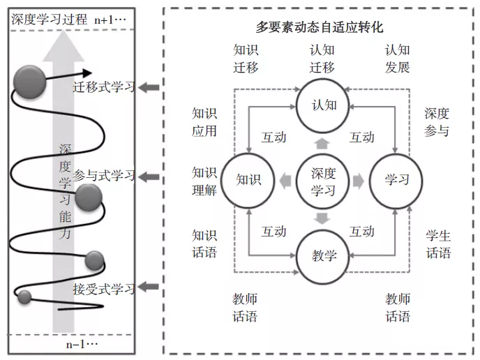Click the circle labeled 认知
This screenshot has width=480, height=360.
tap(324, 105)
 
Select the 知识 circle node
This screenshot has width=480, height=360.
tap(248, 180)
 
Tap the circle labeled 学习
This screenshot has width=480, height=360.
tap(396, 180)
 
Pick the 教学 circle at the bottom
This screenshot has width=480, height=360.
tap(324, 255)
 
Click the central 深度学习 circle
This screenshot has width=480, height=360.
tap(324, 181)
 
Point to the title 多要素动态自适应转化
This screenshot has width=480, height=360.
tap(320, 27)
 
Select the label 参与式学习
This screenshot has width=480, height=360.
tap(103, 175)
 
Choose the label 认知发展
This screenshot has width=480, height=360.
tap(397, 59)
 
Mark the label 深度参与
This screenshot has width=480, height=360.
tap(437, 122)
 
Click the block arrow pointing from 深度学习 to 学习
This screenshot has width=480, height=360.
tap(358, 181)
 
